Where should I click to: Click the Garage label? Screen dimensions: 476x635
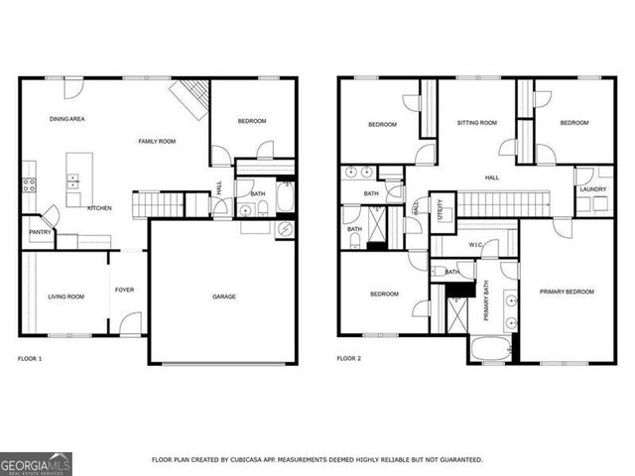coord(224,296)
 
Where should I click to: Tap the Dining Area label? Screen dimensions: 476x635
coord(66,119)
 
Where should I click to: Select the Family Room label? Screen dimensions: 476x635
coord(157,142)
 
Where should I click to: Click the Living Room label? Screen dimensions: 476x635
coord(66,297)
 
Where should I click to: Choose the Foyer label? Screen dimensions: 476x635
coord(124,290)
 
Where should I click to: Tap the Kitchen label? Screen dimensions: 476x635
coord(98,208)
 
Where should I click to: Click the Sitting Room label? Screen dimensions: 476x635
coord(476,123)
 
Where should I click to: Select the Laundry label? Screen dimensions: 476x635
coord(593,188)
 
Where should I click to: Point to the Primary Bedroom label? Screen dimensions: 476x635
coord(567,292)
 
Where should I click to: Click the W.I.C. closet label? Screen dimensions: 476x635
coord(476,244)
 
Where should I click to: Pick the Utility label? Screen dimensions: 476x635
coord(441,209)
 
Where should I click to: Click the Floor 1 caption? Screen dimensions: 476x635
coord(31,358)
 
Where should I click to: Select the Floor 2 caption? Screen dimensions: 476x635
coord(348,358)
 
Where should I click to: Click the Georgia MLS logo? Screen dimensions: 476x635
coord(36,464)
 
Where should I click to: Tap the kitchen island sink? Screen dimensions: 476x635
coord(74,180)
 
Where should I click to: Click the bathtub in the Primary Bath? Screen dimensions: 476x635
coord(488,349)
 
